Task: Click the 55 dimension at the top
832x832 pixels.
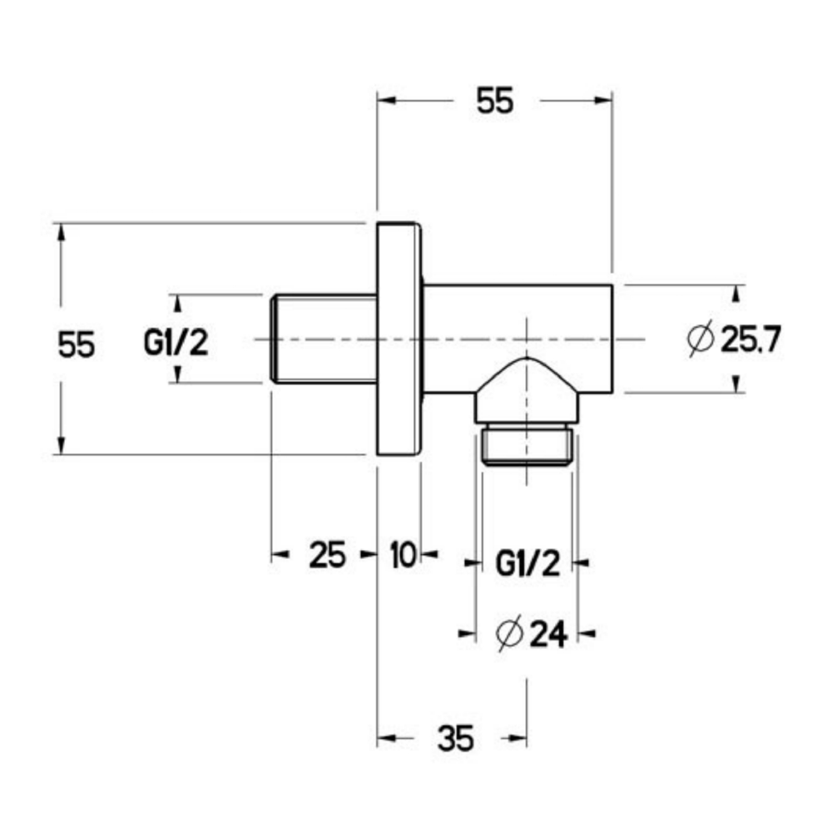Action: [495, 101]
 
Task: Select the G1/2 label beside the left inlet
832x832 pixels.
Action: [176, 343]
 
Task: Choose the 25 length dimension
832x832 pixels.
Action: [326, 554]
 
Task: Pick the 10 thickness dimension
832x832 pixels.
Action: [402, 554]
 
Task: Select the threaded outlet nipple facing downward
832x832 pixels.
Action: [527, 445]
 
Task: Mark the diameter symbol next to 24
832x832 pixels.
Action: [508, 635]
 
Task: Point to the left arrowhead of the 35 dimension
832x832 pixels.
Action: [387, 737]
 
